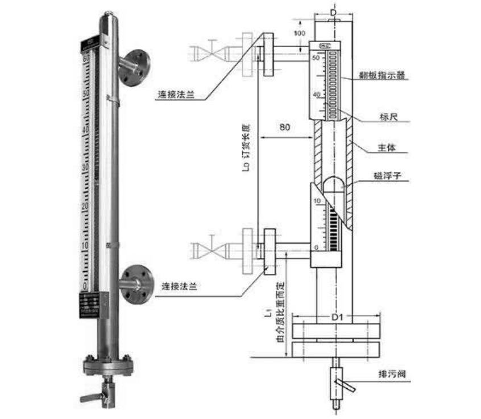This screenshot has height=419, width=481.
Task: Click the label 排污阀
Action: tap(391, 375)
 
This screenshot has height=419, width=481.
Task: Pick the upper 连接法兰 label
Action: tap(176, 96)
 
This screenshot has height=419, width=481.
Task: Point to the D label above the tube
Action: tap(334, 11)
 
